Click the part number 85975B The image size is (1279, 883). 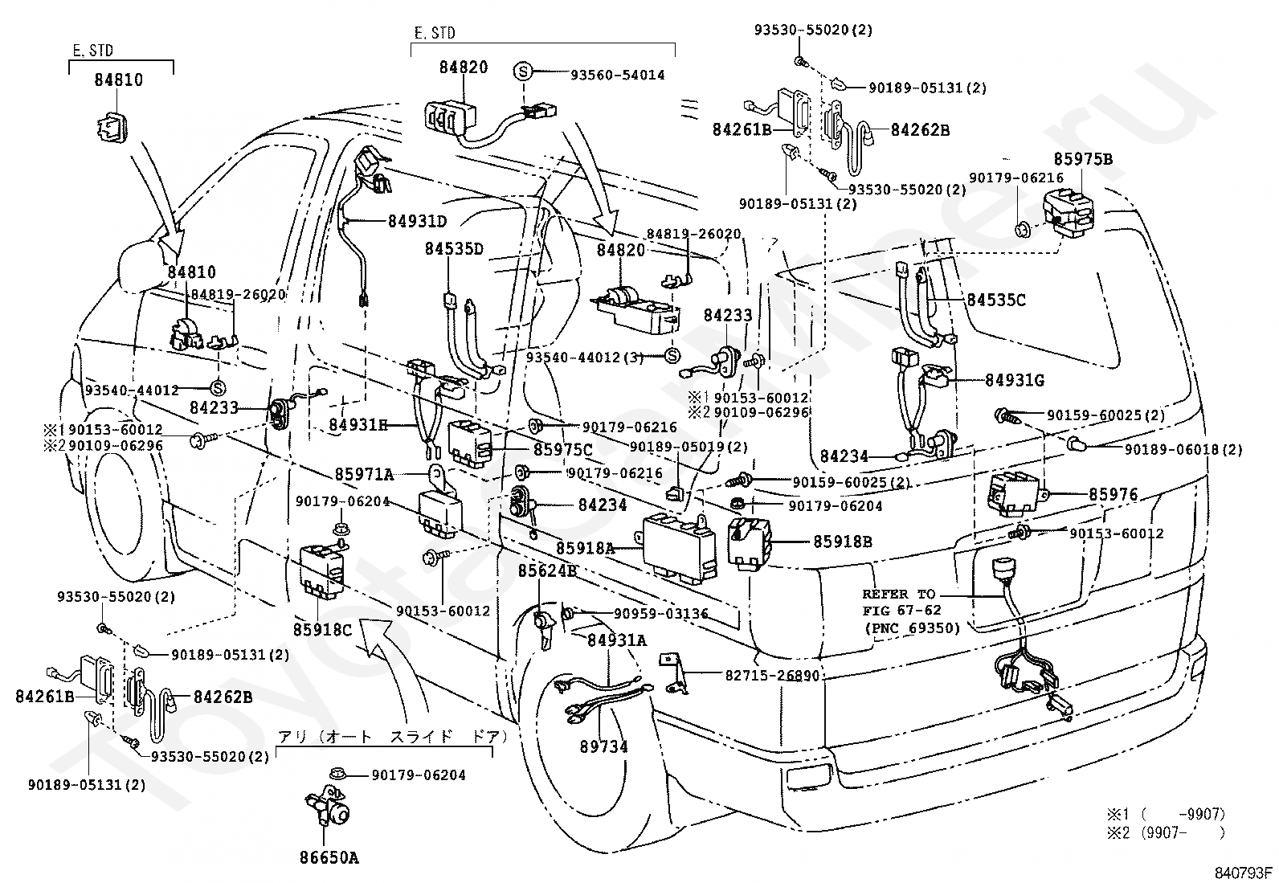click(1083, 159)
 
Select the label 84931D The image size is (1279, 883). click(417, 221)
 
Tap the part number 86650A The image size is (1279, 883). click(329, 857)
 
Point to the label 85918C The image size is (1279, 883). click(323, 629)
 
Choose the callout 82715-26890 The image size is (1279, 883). click(773, 675)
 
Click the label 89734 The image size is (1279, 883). click(603, 746)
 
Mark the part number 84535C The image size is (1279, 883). click(995, 300)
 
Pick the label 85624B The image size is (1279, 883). click(547, 570)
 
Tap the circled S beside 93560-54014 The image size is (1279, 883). click(522, 72)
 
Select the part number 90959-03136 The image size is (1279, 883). click(660, 613)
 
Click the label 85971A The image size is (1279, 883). click(364, 474)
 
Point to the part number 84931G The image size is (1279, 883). click(1015, 380)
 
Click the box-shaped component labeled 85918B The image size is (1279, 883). click(750, 543)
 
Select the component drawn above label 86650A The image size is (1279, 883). click(329, 806)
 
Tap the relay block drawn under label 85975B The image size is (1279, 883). click(1070, 215)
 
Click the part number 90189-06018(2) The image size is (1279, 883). click(1183, 449)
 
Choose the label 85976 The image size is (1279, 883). click(1113, 494)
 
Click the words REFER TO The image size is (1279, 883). click(899, 594)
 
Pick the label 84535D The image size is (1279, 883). click(454, 249)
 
